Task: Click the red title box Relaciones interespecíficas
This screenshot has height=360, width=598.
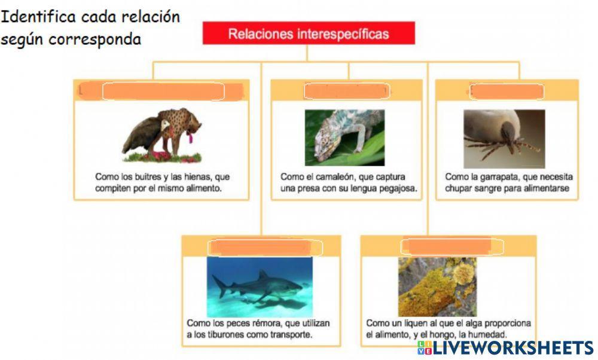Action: click(x=308, y=33)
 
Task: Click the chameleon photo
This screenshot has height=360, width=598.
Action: click(x=344, y=137)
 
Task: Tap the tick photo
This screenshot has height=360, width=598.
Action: click(x=504, y=138)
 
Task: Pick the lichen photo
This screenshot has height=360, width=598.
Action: click(x=437, y=286)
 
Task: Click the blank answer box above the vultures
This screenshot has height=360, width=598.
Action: click(x=163, y=91)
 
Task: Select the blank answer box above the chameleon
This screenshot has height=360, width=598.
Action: click(x=346, y=91)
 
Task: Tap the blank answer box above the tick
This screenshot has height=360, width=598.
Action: click(x=507, y=91)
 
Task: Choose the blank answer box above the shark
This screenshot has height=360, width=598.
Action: click(x=265, y=248)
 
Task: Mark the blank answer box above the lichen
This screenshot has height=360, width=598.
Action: click(x=452, y=246)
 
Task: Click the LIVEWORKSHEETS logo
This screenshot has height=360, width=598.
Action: click(x=505, y=348)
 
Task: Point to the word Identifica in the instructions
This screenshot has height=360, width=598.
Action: click(x=41, y=16)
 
